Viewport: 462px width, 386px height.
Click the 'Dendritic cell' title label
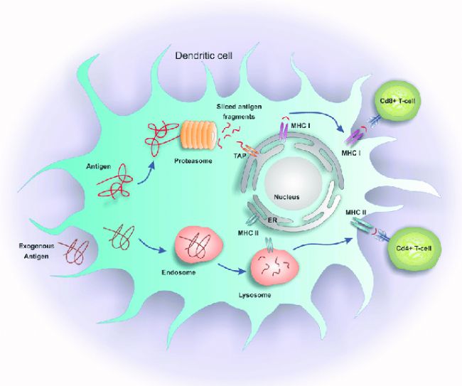coord(203,55)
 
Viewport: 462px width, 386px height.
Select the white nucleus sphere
coord(293,186)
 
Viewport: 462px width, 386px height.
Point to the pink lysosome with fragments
coord(274,267)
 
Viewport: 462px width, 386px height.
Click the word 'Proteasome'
coord(193,161)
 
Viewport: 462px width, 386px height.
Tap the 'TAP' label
coord(240,156)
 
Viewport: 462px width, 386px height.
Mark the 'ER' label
coord(272,220)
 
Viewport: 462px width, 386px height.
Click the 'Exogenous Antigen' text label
coord(36,251)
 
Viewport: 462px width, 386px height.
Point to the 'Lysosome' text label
coord(255,295)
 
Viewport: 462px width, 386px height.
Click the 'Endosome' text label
coord(178,272)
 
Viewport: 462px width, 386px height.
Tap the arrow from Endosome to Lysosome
coord(232,268)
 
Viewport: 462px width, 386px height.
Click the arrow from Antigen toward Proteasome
coord(146,174)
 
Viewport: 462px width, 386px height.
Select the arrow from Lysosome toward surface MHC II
coord(323,244)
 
